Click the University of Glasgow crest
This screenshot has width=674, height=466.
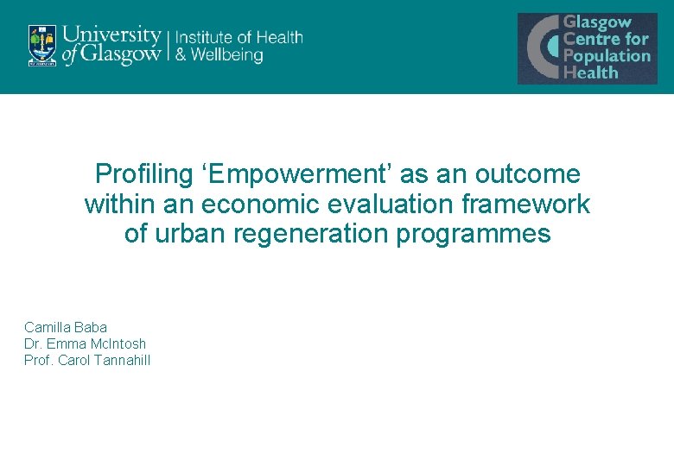pyautogui.click(x=41, y=45)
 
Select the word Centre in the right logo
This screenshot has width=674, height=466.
pyautogui.click(x=594, y=39)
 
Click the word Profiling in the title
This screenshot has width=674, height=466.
pyautogui.click(x=142, y=174)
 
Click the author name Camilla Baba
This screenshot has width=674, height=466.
pyautogui.click(x=66, y=327)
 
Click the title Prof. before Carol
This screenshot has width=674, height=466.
pyautogui.click(x=38, y=360)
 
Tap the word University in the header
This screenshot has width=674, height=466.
pyautogui.click(x=112, y=36)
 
